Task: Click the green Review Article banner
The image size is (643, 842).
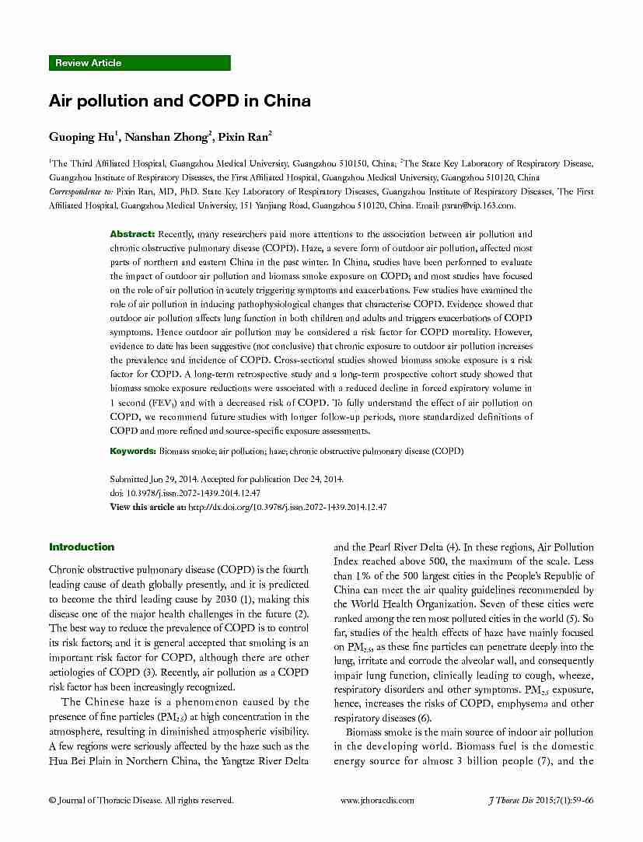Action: point(140,63)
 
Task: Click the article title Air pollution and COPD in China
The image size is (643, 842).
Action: point(180,101)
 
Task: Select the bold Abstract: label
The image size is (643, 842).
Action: point(132,234)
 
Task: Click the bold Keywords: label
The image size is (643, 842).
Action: point(133,450)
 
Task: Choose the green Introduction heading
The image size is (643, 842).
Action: point(82,547)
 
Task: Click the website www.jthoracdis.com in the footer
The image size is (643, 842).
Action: point(377,800)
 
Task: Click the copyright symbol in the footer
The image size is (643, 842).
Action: point(52,800)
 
